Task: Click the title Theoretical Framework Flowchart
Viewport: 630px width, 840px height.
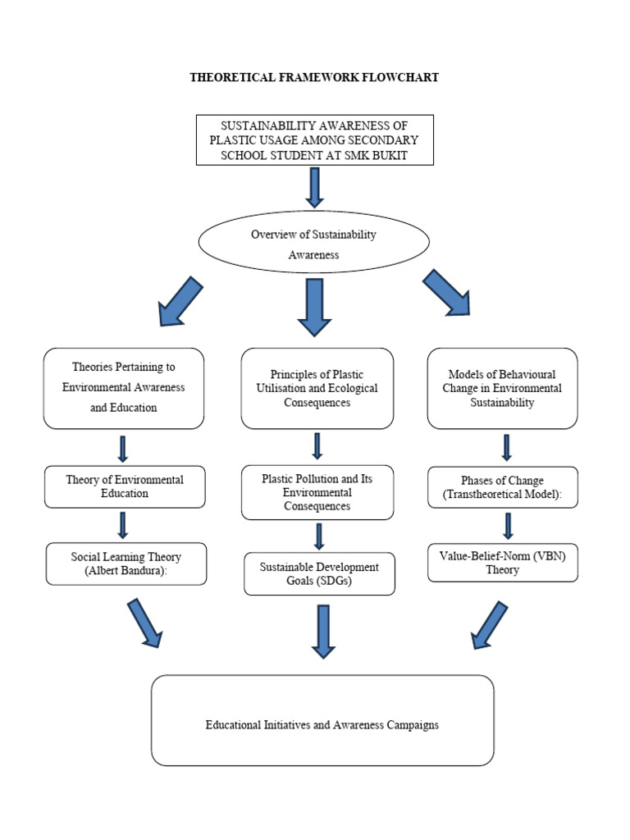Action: point(314,77)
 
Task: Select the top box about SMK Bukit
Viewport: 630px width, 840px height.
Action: point(314,139)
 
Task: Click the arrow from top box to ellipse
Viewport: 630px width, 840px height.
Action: point(314,186)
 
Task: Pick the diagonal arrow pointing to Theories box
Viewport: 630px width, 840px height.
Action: point(180,301)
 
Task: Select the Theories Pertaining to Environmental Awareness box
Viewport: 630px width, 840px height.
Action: point(124,387)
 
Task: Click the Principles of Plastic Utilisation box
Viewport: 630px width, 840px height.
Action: point(317,387)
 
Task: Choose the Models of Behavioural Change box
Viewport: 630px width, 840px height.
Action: point(502,387)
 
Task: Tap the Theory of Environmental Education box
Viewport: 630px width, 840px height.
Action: point(125,486)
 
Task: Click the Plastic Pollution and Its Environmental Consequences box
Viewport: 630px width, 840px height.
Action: point(317,492)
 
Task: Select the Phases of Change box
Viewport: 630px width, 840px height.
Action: point(503,486)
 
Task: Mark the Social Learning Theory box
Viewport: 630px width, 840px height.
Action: point(126,564)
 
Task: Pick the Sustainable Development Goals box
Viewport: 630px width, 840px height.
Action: point(319,573)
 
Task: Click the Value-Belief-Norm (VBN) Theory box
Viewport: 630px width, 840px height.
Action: point(502,563)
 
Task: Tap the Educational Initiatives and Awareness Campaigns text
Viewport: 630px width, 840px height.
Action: point(322,724)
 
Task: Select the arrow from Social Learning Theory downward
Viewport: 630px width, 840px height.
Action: point(144,623)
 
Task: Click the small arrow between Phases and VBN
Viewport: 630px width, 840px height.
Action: point(508,526)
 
